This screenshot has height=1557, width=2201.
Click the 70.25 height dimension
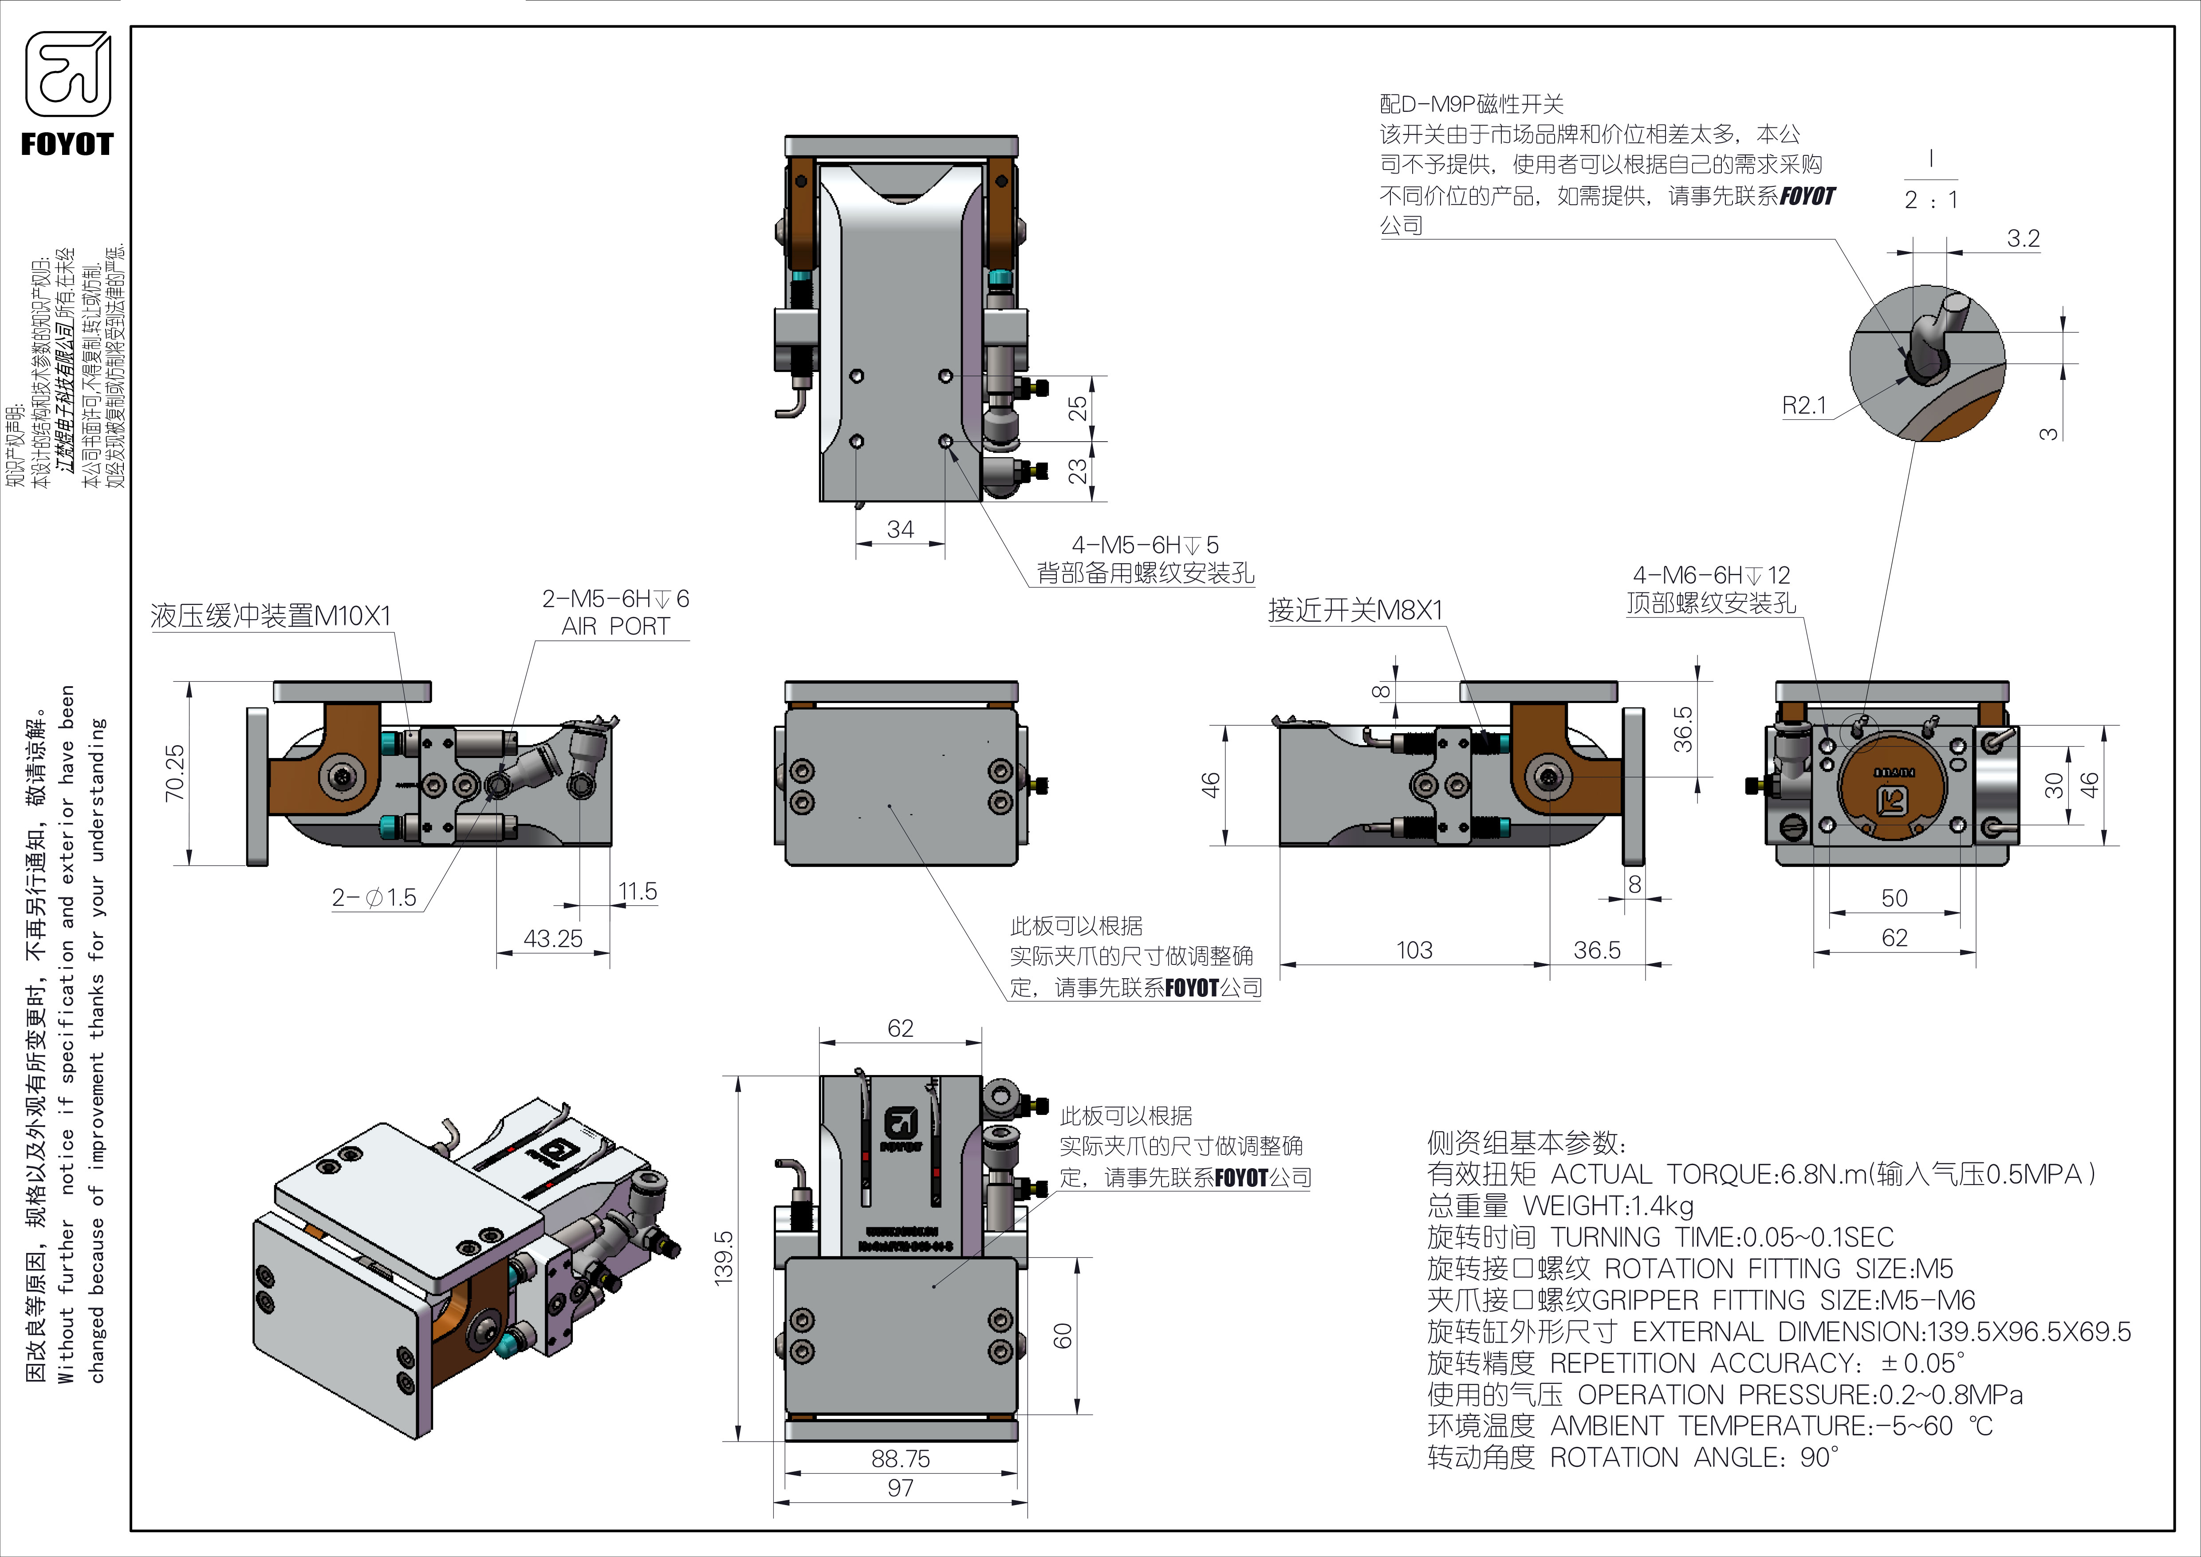click(174, 773)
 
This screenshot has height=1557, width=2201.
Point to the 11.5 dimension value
click(637, 892)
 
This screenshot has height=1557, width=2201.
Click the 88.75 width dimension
click(900, 1458)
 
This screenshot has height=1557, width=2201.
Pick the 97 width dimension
click(900, 1488)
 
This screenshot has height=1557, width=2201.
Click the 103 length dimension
click(1414, 950)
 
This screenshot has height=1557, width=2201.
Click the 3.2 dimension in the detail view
click(2023, 238)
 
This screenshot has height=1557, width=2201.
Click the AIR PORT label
click(615, 626)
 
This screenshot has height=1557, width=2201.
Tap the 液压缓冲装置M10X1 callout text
click(271, 616)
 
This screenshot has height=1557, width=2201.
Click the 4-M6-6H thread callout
click(1711, 575)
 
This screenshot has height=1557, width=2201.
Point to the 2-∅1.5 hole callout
click(374, 897)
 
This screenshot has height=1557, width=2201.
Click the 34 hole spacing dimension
click(900, 529)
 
